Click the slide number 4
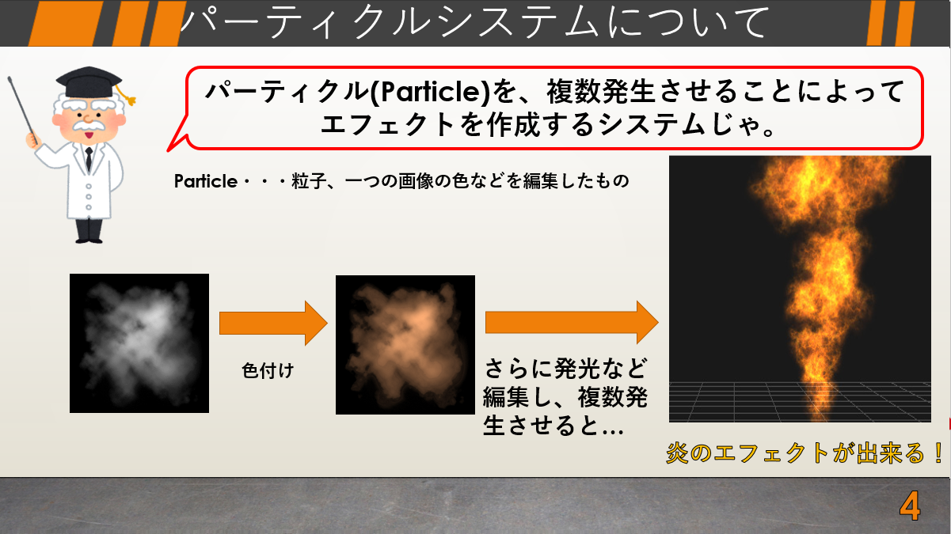pos(910,506)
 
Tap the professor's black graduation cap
pos(89,82)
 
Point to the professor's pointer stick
pos(23,110)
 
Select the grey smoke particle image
pos(139,343)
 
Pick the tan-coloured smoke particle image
pos(405,345)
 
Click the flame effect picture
pos(800,289)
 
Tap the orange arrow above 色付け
pos(273,324)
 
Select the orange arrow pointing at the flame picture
pos(572,322)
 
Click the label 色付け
pos(268,370)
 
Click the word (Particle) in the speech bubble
pos(431,92)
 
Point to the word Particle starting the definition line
pos(206,181)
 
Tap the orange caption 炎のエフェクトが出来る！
pos(803,453)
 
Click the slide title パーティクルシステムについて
pos(474,22)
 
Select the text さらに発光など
pos(565,368)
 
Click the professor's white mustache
pos(89,126)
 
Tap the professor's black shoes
pos(89,240)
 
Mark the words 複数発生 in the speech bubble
pos(600,92)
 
